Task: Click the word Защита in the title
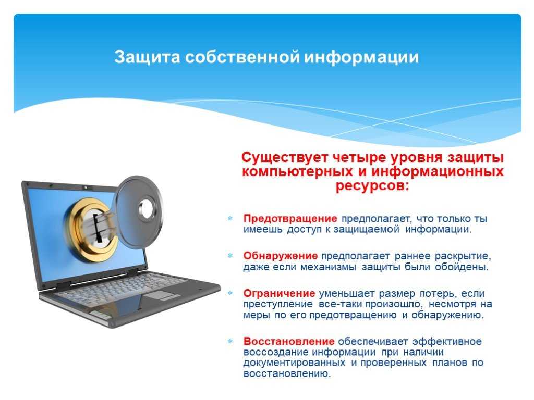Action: point(147,57)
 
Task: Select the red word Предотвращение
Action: point(290,218)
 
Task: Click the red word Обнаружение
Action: point(280,256)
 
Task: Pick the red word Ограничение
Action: point(280,293)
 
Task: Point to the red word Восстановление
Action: point(289,341)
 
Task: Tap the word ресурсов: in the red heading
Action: point(372,186)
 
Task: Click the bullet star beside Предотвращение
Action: point(230,218)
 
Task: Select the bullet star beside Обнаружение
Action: point(230,255)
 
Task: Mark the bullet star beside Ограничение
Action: point(230,293)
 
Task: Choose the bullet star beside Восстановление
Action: point(230,341)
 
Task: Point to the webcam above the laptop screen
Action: point(86,187)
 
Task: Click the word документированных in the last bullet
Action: point(294,363)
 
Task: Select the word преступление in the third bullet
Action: point(278,304)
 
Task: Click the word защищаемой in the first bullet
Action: point(367,230)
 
